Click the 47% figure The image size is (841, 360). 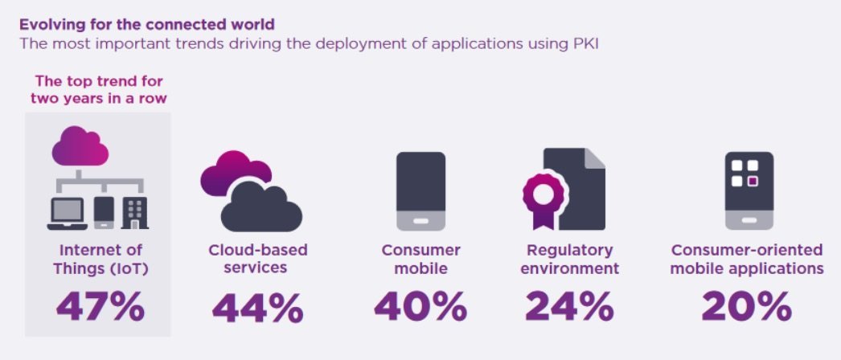point(100,305)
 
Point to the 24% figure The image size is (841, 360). point(570,305)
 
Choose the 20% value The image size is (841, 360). point(747,305)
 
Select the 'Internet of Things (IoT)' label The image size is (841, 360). point(99,259)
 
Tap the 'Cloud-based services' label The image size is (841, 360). point(258,259)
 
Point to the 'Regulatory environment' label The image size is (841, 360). point(570,259)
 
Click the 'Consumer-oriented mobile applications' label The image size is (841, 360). point(748,259)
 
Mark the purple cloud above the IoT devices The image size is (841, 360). point(80,148)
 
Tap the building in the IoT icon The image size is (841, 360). point(134,213)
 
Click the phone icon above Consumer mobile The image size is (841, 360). point(420,191)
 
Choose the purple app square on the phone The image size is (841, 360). point(752,181)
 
